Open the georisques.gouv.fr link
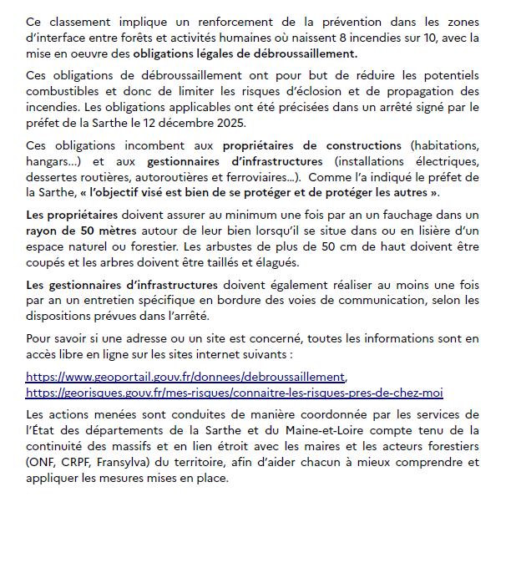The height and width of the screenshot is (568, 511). [235, 393]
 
